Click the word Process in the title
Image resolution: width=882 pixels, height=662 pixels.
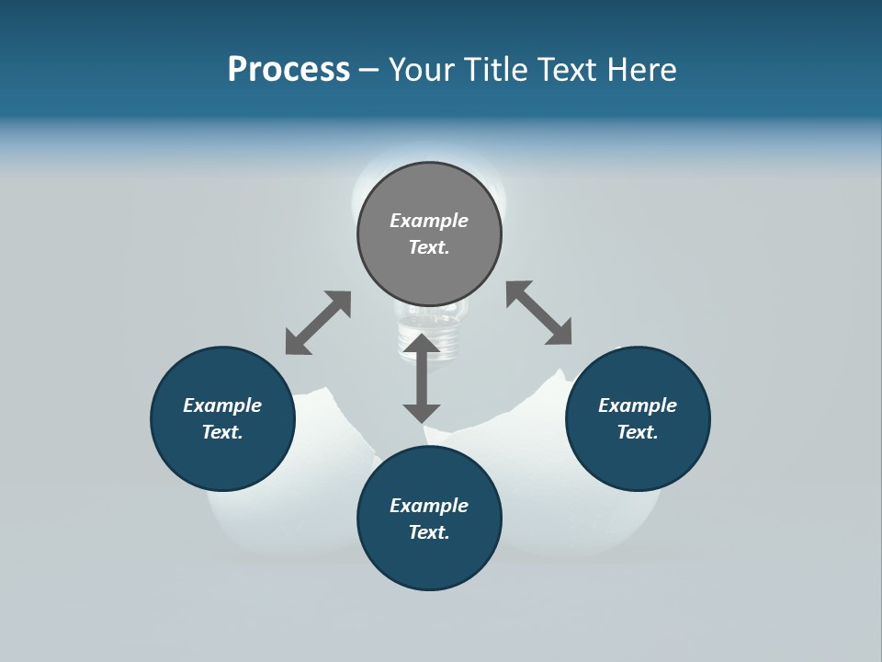click(x=288, y=70)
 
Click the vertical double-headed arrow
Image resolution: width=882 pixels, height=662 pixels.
click(x=422, y=378)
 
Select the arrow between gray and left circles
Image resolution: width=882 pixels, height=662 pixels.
click(x=318, y=323)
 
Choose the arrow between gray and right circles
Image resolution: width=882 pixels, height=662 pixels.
click(x=538, y=313)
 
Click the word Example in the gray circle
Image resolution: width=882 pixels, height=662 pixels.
click(x=429, y=221)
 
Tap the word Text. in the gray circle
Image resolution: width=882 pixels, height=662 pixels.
click(x=429, y=247)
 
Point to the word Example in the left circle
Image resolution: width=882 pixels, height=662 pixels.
click(x=222, y=405)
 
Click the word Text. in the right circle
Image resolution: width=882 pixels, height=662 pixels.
click(x=638, y=432)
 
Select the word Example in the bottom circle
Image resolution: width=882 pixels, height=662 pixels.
click(x=429, y=506)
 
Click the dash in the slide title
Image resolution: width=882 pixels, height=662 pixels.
click(x=368, y=70)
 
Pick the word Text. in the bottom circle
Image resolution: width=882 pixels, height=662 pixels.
click(x=429, y=532)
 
